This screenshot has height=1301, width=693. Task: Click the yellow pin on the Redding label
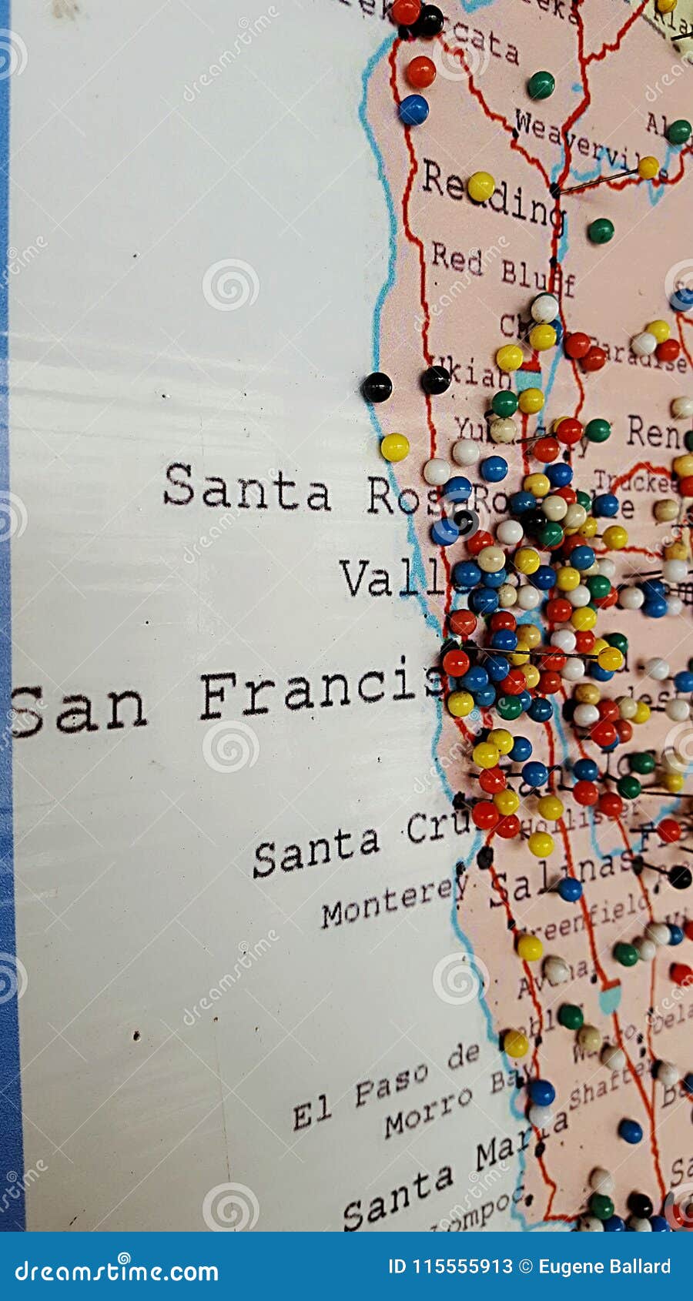(x=481, y=186)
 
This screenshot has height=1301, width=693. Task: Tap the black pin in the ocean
(x=377, y=386)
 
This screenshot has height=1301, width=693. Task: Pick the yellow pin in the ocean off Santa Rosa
(x=394, y=446)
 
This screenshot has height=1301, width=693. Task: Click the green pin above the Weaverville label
(x=541, y=85)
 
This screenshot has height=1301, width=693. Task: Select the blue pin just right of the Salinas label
(x=570, y=889)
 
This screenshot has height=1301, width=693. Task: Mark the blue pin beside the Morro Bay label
(x=541, y=1092)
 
